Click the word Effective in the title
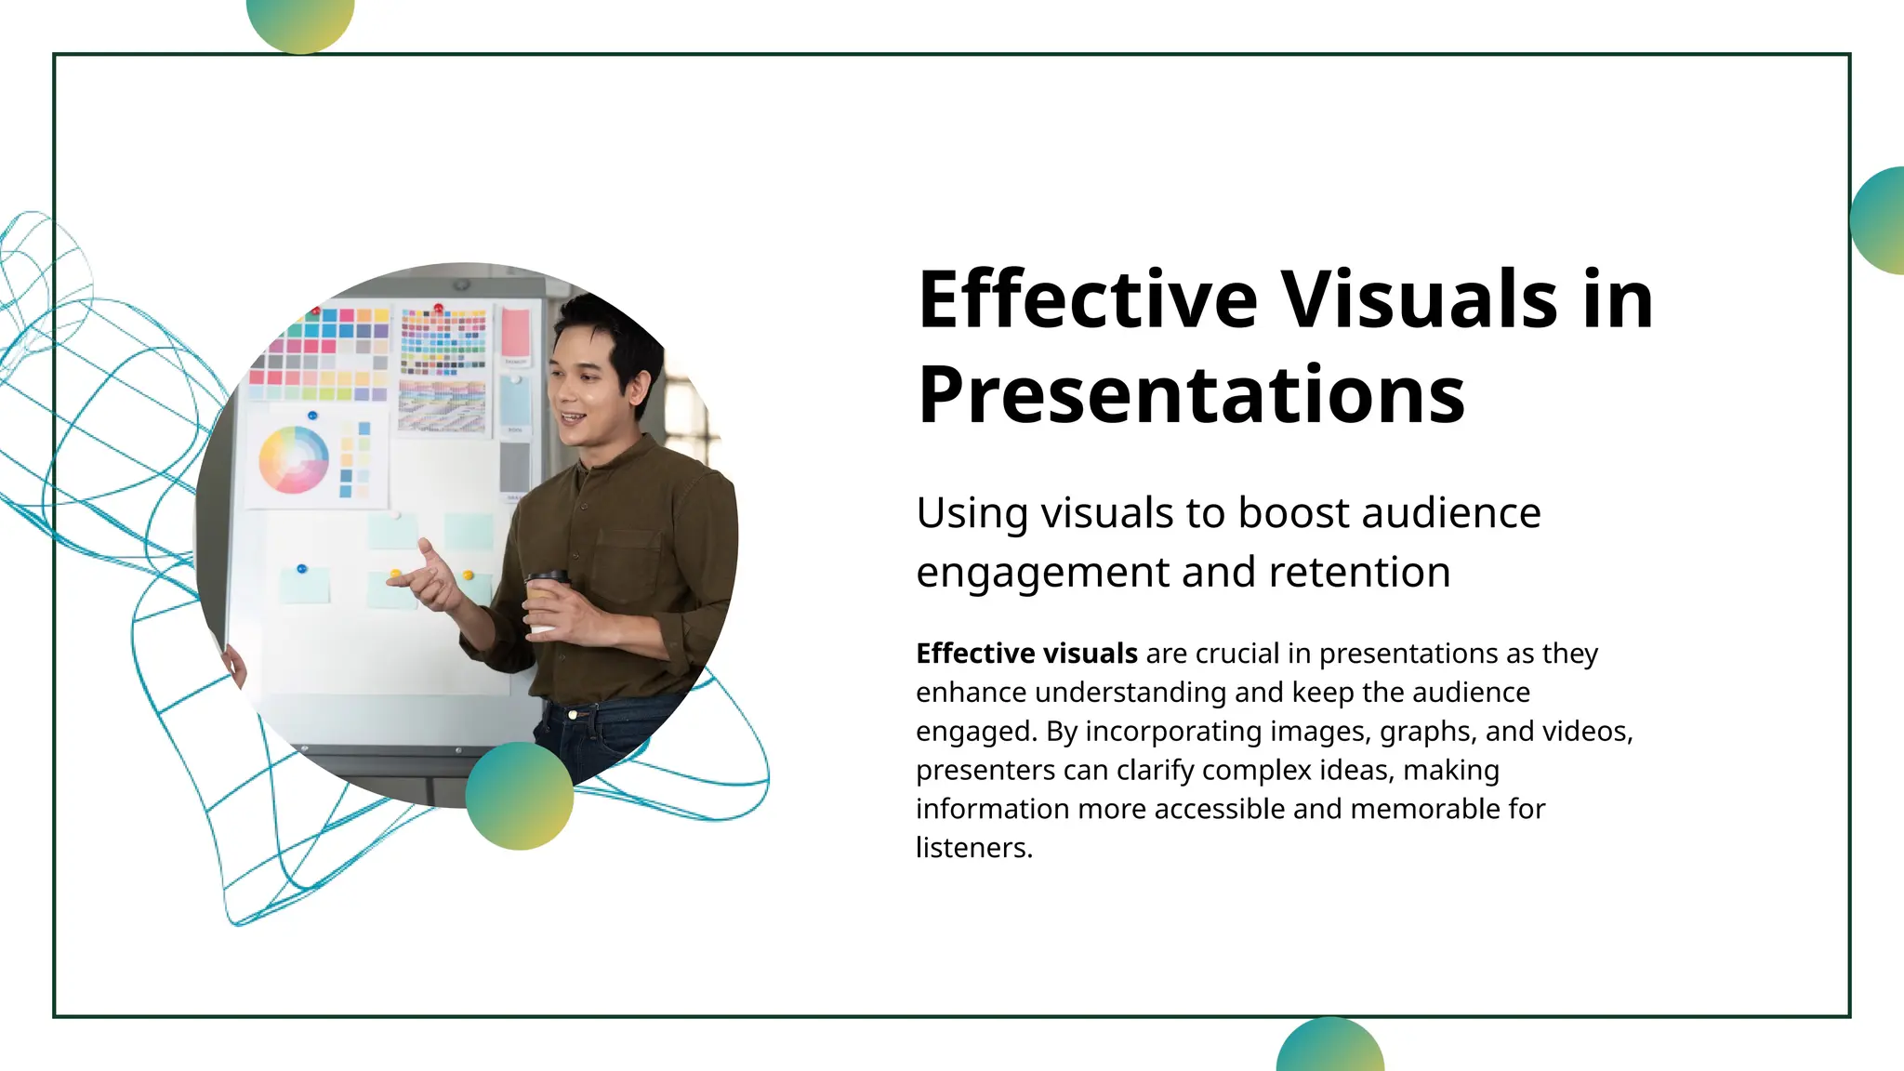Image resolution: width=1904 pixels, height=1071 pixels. pyautogui.click(x=1087, y=299)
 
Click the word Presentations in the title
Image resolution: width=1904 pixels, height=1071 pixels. pyautogui.click(x=1191, y=396)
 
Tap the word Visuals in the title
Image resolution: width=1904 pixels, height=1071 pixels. pyautogui.click(x=1419, y=299)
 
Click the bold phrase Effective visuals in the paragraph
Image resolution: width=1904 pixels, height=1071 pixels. pyautogui.click(x=1026, y=654)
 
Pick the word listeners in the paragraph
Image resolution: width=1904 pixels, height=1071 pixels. pyautogui.click(x=972, y=848)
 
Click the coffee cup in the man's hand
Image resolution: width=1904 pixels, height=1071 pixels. pyautogui.click(x=546, y=600)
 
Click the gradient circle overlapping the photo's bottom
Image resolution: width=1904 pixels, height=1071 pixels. pyautogui.click(x=519, y=796)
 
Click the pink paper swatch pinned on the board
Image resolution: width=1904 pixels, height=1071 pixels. pyautogui.click(x=515, y=333)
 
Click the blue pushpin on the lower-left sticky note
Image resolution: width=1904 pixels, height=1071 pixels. pyautogui.click(x=301, y=568)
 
